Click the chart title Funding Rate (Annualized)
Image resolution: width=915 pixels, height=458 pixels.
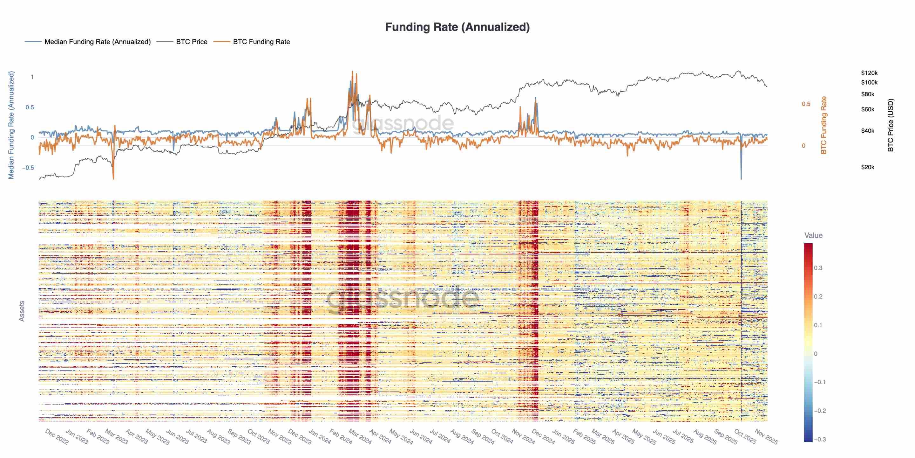pos(457,27)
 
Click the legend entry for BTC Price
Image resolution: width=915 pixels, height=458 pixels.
pos(192,42)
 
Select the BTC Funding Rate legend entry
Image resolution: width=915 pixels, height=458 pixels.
pos(261,42)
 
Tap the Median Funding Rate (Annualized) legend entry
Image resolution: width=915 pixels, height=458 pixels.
pos(97,42)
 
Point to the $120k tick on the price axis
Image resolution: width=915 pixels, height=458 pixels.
pos(869,73)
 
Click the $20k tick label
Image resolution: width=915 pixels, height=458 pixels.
pos(867,167)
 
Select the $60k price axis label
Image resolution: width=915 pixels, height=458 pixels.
pos(867,109)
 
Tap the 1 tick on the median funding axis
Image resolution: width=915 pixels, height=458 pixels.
pos(32,77)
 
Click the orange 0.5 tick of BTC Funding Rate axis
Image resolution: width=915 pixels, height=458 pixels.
pos(806,104)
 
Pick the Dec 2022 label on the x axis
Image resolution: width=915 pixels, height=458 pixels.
pos(57,437)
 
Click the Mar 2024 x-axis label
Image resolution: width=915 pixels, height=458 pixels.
pos(360,437)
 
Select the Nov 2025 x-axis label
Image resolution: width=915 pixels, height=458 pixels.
pos(766,437)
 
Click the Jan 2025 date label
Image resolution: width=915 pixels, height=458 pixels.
pos(563,437)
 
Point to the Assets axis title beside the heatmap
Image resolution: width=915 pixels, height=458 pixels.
pos(22,311)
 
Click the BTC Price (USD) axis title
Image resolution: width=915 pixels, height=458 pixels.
pos(890,125)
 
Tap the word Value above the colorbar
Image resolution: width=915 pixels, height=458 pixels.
pos(813,235)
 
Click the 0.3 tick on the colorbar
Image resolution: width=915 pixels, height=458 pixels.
pos(818,268)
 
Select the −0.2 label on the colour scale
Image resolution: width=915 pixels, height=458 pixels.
pos(819,411)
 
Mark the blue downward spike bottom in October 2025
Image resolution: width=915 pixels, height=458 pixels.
pos(741,178)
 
